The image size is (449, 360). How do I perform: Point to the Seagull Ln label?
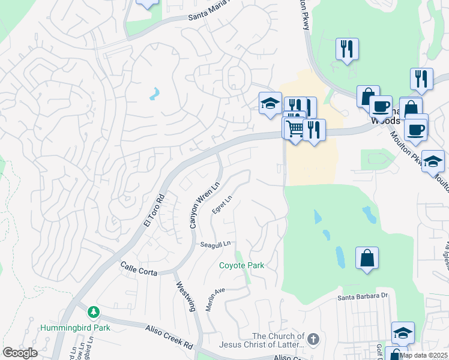(216, 244)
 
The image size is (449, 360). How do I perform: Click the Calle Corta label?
(139, 268)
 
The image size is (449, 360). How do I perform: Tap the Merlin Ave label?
(214, 298)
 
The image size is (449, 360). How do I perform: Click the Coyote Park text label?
(241, 265)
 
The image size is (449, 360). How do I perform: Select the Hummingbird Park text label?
(76, 328)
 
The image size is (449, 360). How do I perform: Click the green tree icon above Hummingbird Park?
(93, 312)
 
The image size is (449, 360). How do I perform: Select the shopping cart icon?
(294, 128)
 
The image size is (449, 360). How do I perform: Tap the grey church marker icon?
(313, 340)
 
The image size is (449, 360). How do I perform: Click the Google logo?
(20, 353)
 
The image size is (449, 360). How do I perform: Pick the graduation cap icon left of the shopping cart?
(270, 103)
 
